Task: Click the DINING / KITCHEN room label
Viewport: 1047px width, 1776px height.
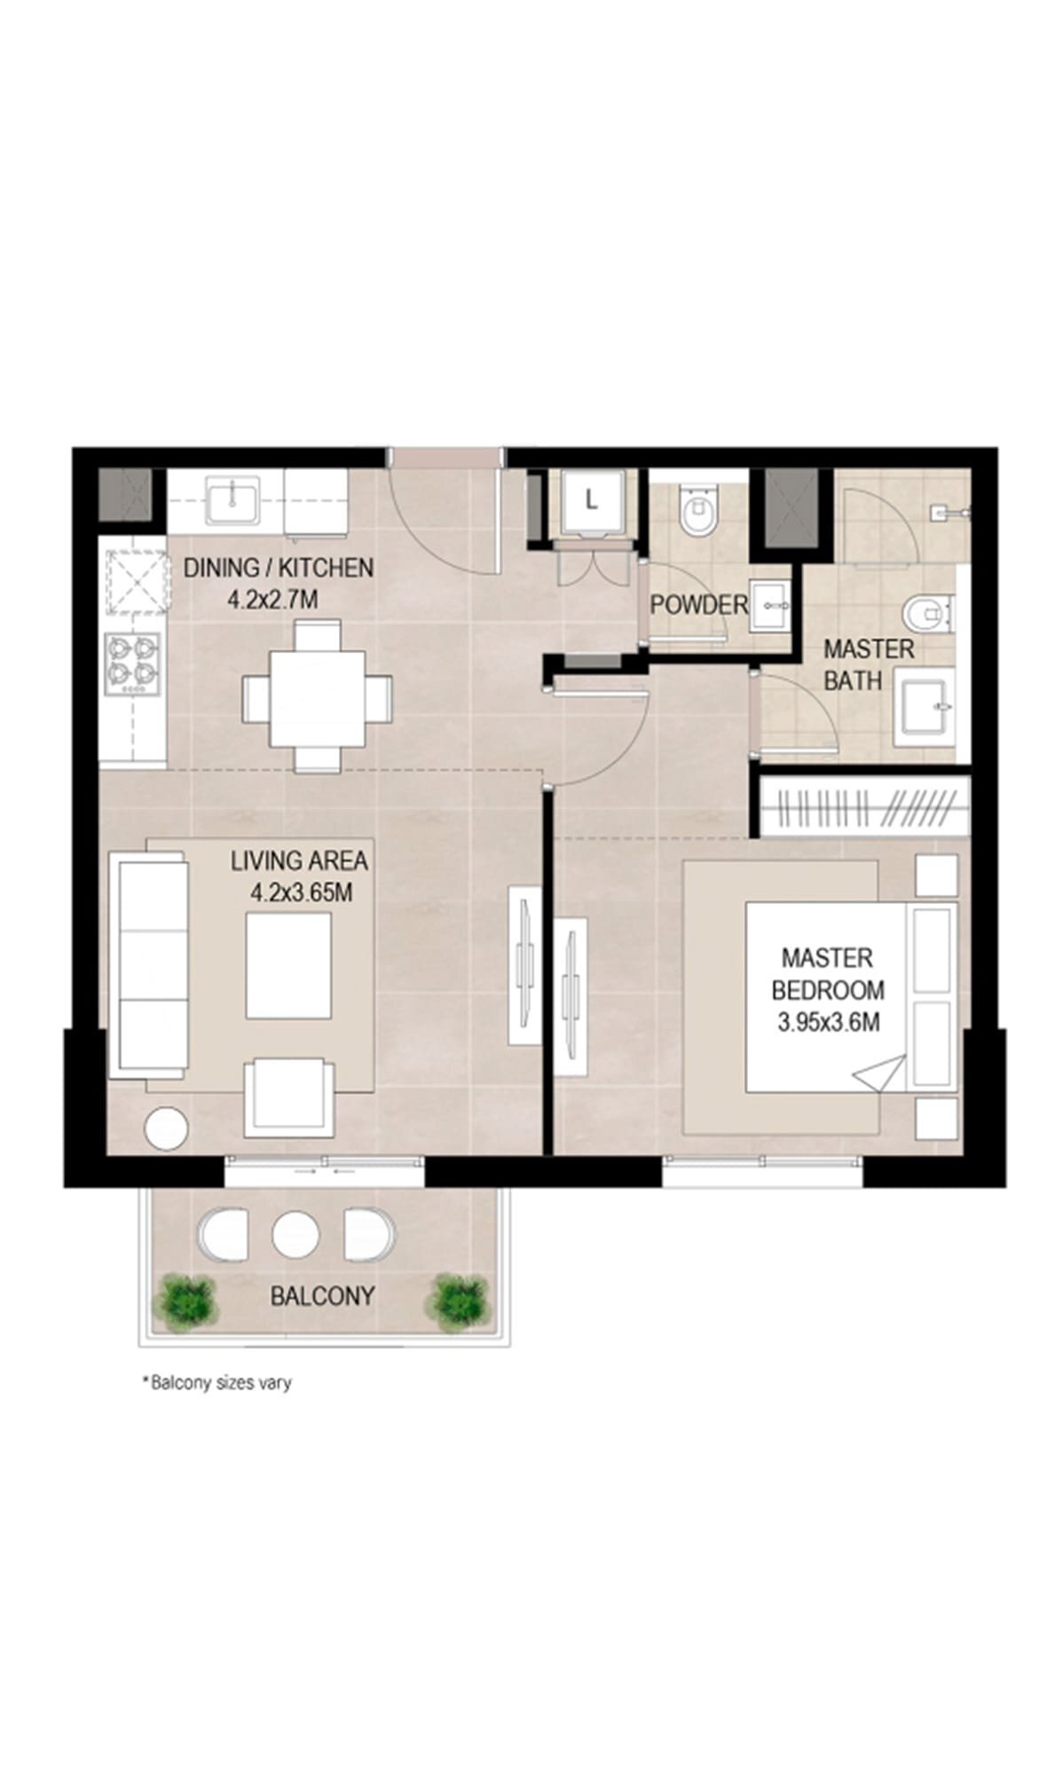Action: coord(278,583)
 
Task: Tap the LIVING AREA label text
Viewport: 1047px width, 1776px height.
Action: coord(300,875)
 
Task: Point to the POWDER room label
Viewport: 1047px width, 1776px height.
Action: coord(698,605)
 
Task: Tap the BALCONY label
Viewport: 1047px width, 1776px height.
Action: coord(321,1296)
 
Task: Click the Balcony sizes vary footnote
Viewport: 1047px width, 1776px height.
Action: coord(216,1382)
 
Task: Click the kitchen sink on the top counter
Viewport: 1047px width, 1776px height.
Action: coord(232,499)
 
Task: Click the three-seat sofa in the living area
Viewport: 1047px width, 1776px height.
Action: coord(147,964)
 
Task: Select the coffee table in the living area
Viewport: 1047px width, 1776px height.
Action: coord(289,965)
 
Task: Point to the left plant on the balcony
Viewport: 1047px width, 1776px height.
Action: coord(185,1297)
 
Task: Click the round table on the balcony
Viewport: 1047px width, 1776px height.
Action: coord(295,1234)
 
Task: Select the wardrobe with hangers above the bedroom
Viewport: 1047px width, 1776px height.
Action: coord(862,806)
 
